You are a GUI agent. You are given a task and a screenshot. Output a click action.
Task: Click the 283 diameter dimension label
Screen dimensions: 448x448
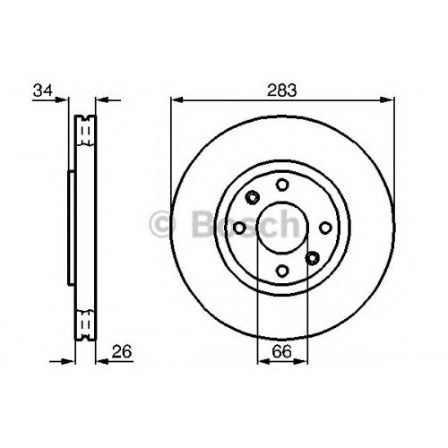pos(282,90)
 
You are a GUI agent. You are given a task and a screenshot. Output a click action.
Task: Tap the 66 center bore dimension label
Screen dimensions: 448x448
pos(281,351)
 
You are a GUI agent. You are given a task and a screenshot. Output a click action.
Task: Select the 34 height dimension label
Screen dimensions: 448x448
pos(43,90)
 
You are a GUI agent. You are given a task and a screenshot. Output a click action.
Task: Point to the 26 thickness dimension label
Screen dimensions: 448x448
pos(122,351)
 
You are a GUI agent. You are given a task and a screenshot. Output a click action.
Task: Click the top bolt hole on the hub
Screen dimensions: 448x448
pos(282,185)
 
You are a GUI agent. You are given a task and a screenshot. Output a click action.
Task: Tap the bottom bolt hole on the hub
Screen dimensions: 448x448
pos(282,271)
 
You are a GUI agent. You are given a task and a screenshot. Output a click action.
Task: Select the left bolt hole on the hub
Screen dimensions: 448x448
pos(239,228)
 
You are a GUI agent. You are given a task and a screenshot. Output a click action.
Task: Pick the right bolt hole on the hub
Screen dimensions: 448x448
pos(325,228)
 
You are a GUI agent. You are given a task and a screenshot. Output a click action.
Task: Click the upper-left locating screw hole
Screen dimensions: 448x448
pos(253,197)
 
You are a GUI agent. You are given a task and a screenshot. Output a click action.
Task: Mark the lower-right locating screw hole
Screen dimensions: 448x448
pos(313,258)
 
